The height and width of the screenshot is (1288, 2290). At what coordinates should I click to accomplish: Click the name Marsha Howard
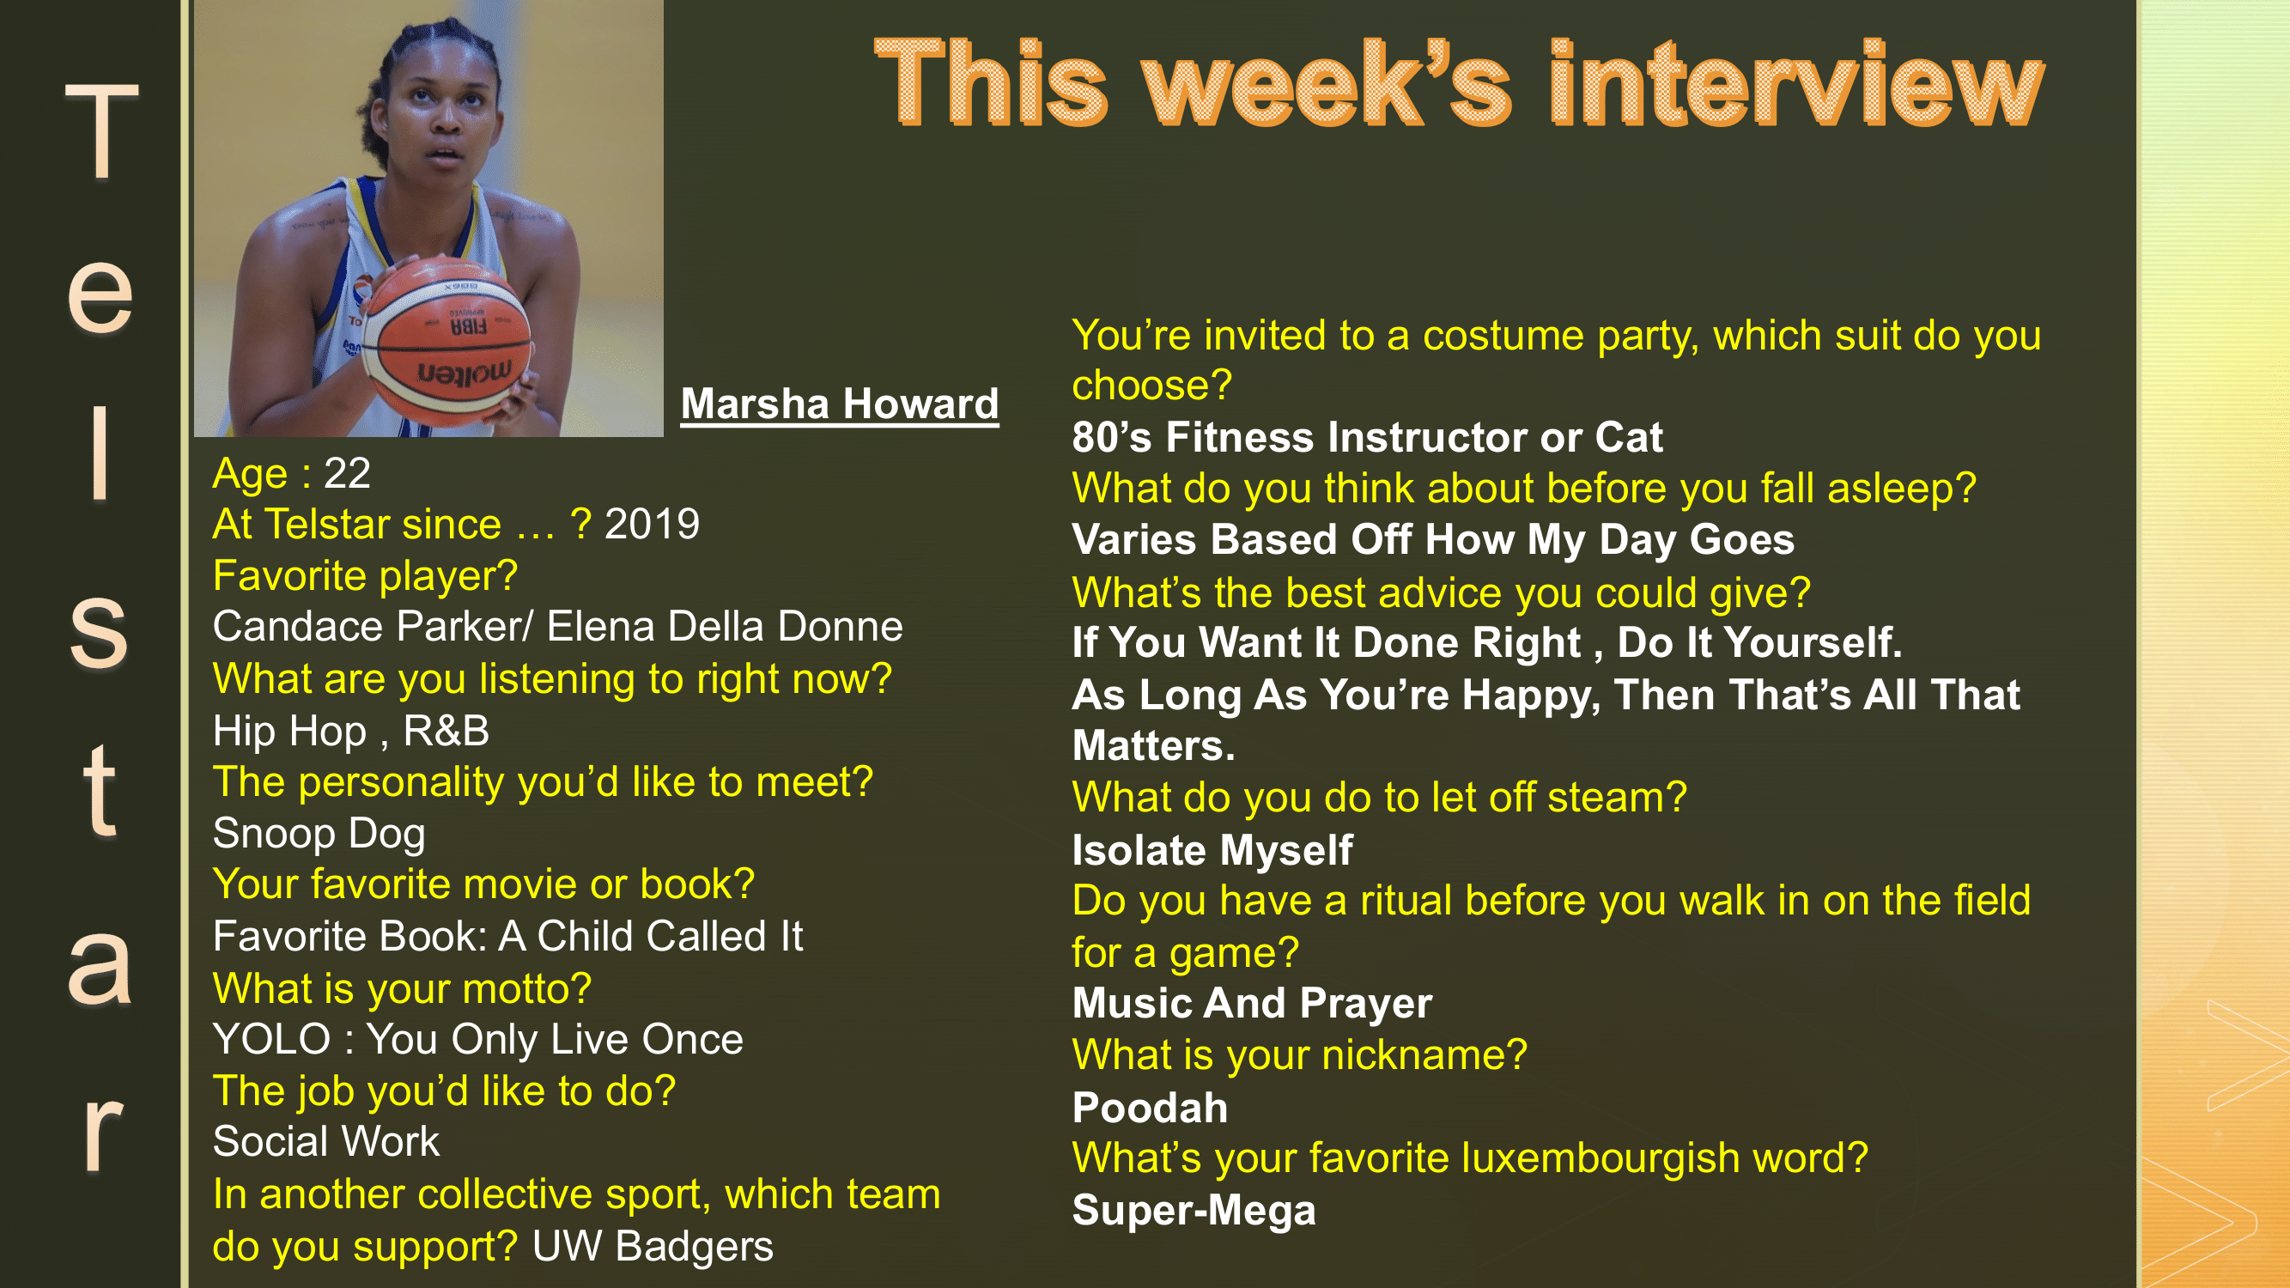tap(839, 404)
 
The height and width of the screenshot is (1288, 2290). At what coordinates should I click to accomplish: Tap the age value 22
tap(347, 473)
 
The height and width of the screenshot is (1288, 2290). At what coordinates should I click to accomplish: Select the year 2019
tap(652, 524)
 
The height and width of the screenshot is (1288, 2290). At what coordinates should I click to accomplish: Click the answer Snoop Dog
tap(319, 833)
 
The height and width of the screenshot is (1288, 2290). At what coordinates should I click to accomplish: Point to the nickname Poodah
tap(1150, 1108)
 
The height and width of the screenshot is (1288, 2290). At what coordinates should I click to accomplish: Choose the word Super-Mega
tap(1193, 1210)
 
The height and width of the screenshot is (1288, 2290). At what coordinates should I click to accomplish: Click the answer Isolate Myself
tap(1212, 850)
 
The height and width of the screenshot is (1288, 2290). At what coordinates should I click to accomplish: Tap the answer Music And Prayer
tap(1252, 1003)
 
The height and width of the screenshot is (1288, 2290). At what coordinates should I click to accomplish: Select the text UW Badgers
tap(653, 1245)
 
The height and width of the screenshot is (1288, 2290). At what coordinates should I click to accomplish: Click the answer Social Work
tap(326, 1141)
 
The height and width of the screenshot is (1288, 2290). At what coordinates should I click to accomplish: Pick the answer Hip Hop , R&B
tap(351, 731)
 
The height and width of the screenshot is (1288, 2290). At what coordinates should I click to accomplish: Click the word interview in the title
tap(1795, 84)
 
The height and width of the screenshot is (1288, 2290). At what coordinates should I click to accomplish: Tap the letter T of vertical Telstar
tap(101, 133)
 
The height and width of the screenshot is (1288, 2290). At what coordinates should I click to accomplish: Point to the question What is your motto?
tap(402, 988)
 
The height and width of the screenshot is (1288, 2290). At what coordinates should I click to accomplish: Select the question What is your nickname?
tap(1299, 1055)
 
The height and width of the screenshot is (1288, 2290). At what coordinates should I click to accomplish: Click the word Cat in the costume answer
tap(1628, 436)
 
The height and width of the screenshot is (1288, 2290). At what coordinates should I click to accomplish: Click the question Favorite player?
tap(364, 575)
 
